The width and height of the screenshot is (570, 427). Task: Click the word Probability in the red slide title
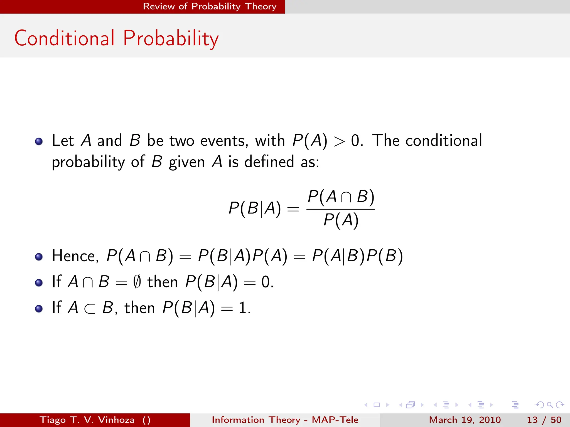pos(171,39)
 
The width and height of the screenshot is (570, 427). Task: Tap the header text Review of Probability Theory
pos(210,6)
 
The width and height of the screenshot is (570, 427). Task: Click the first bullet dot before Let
pos(39,141)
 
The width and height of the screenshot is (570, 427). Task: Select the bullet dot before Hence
pos(39,257)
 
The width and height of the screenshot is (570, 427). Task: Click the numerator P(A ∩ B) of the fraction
pos(341,197)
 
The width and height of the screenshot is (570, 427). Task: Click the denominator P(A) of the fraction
pos(341,220)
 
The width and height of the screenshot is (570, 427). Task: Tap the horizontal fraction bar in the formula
pos(341,209)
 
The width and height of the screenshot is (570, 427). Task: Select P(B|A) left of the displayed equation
pos(254,208)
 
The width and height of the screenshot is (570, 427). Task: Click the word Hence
pos(75,256)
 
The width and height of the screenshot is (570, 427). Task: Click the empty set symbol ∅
pos(137,282)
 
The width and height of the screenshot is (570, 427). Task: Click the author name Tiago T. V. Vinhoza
pos(87,420)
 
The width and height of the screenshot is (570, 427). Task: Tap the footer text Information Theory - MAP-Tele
pos(285,420)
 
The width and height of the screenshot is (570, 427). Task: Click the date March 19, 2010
pos(465,420)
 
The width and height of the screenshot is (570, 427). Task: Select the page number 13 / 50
pos(544,420)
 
